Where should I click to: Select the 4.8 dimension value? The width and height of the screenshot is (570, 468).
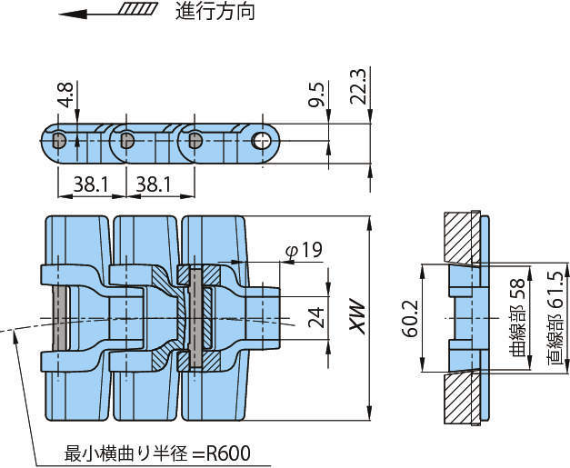tap(65, 95)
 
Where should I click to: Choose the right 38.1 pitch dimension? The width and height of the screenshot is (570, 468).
tap(153, 184)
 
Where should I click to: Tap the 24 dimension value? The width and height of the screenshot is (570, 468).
tap(315, 315)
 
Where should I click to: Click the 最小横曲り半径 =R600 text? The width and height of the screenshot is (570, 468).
tap(156, 452)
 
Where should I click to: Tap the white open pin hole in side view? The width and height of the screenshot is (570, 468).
tap(263, 141)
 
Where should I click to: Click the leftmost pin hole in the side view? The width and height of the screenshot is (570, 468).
tap(58, 141)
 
